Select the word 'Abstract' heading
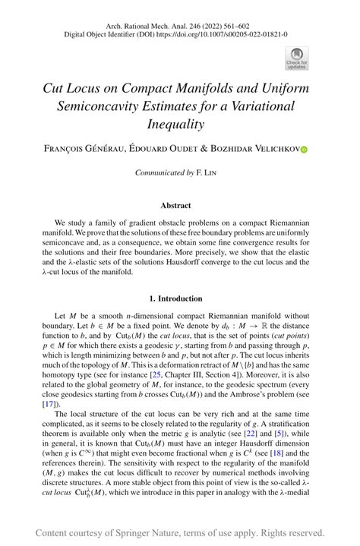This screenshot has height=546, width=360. click(x=180, y=205)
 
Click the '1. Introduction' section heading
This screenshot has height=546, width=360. click(x=180, y=298)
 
